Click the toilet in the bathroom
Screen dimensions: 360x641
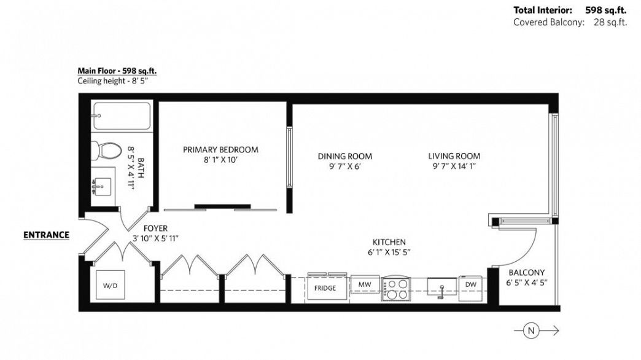(x=107, y=149)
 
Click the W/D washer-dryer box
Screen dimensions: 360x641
(x=111, y=285)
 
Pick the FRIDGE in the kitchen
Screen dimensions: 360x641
(x=325, y=288)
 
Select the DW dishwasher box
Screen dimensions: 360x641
(x=470, y=284)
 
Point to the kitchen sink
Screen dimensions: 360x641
(x=441, y=286)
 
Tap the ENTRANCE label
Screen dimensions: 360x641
(x=46, y=235)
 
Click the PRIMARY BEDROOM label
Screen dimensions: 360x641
(x=220, y=149)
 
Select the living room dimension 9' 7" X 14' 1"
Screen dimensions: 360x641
(x=454, y=166)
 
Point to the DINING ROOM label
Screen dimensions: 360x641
(x=344, y=156)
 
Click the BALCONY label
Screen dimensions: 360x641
(x=526, y=273)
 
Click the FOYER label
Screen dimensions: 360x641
(x=155, y=228)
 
